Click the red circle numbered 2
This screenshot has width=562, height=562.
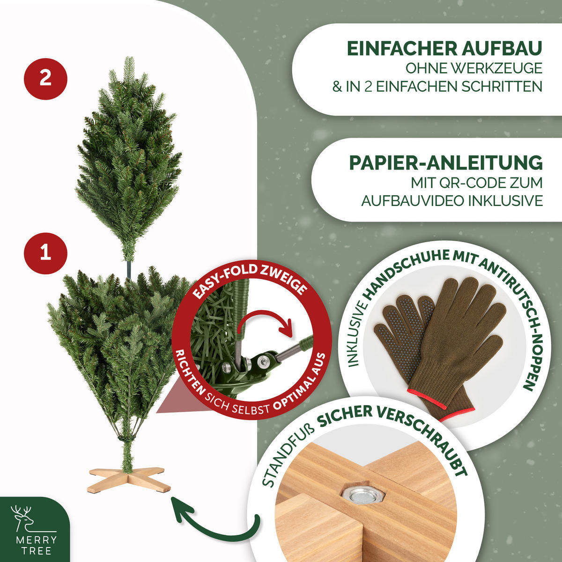click(45, 78)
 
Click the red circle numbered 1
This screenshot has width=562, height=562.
click(45, 253)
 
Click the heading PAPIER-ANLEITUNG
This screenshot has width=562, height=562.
click(445, 163)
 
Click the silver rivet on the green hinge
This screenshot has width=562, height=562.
click(263, 361)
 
